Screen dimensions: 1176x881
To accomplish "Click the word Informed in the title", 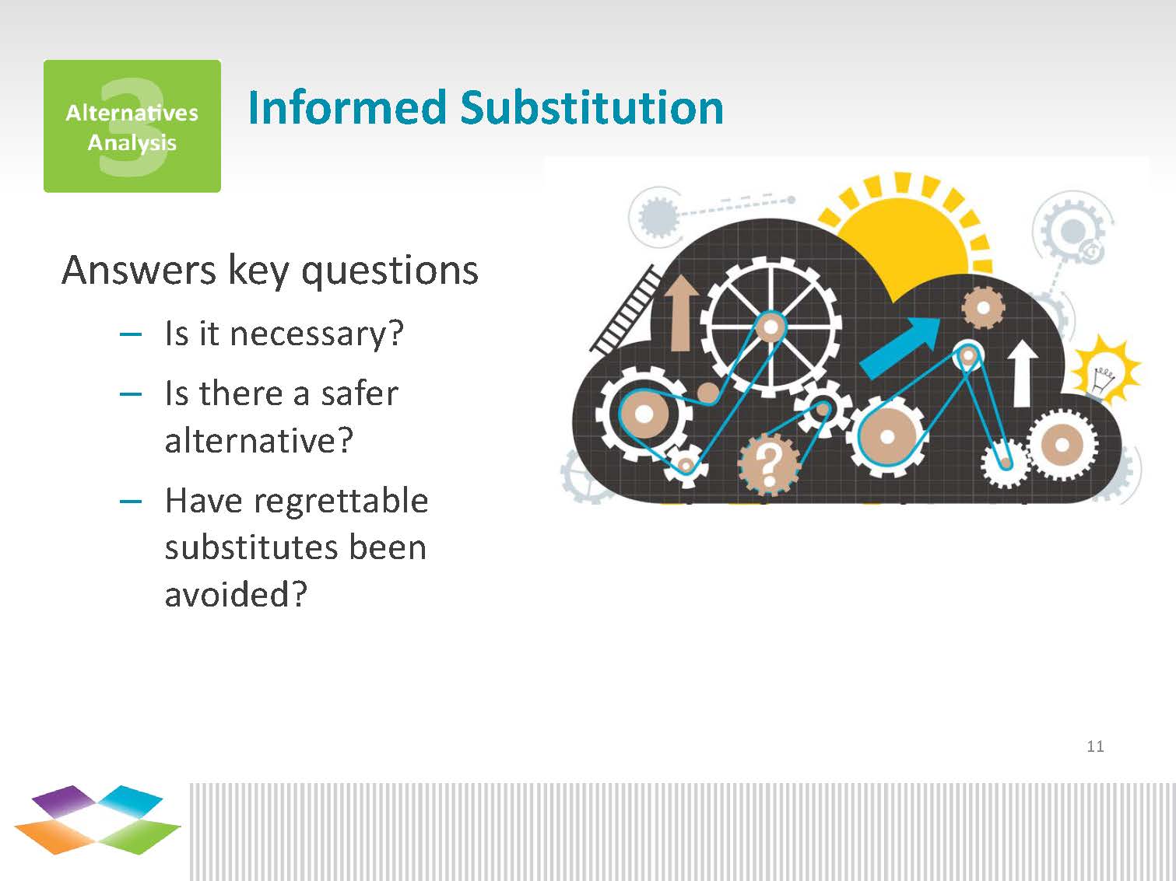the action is click(x=347, y=107).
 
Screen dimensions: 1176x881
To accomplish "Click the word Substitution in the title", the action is click(x=592, y=107).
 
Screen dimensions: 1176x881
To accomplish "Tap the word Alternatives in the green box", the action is click(x=132, y=113).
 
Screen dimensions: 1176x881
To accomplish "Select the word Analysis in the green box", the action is click(x=132, y=143).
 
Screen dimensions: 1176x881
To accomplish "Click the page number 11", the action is click(x=1095, y=746).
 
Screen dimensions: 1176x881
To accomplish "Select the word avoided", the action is click(x=236, y=594).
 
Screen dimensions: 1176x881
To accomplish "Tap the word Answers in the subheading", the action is click(x=139, y=271).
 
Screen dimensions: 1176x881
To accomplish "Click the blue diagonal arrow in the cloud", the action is click(x=900, y=348).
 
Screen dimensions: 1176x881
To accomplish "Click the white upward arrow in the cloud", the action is click(x=1022, y=373).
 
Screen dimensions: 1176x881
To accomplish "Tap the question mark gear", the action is click(x=770, y=464).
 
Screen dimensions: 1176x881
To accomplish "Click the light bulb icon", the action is click(x=1104, y=370).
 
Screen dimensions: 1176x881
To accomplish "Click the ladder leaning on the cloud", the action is click(x=624, y=310).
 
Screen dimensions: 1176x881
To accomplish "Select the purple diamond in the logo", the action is click(x=65, y=801).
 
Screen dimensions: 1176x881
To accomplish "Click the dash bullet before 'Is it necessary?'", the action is click(x=131, y=335).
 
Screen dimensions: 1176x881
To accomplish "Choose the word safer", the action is click(x=359, y=394).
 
